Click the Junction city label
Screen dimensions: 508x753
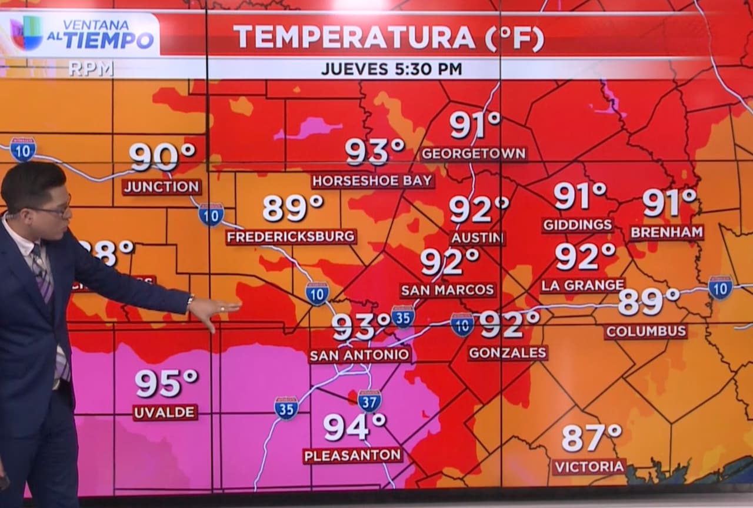tap(162, 187)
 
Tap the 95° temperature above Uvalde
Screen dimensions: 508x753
tap(166, 383)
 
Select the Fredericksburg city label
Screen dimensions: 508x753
tap(291, 237)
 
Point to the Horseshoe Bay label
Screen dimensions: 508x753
tap(373, 181)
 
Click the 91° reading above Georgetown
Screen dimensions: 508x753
tap(475, 125)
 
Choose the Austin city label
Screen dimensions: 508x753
tap(477, 238)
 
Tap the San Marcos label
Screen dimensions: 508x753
tap(448, 290)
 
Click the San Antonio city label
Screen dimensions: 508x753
tap(360, 355)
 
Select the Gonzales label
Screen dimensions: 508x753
tap(508, 353)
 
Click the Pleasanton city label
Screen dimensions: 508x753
tap(353, 455)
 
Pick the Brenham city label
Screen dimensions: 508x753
tap(667, 232)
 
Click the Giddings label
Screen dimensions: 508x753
tap(578, 225)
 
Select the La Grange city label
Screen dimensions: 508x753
tap(583, 285)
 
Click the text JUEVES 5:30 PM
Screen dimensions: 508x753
tap(391, 69)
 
